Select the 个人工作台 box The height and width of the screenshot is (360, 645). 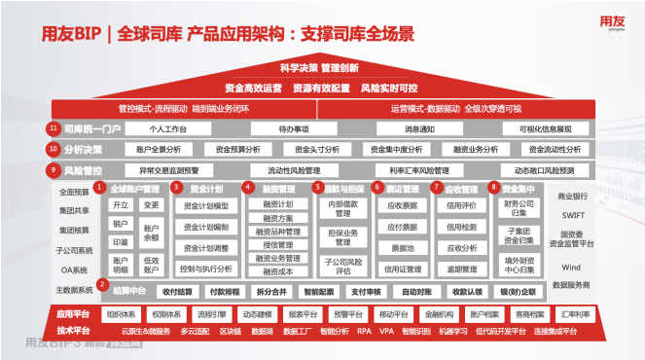[168, 128]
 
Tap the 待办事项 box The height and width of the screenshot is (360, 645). [294, 128]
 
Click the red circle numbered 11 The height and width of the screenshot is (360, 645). [54, 128]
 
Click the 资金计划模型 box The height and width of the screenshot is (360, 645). [206, 205]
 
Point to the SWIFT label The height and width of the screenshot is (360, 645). [571, 215]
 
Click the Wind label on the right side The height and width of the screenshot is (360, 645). [571, 267]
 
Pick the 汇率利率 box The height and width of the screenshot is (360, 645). [573, 314]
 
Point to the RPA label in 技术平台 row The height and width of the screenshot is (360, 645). [364, 332]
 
